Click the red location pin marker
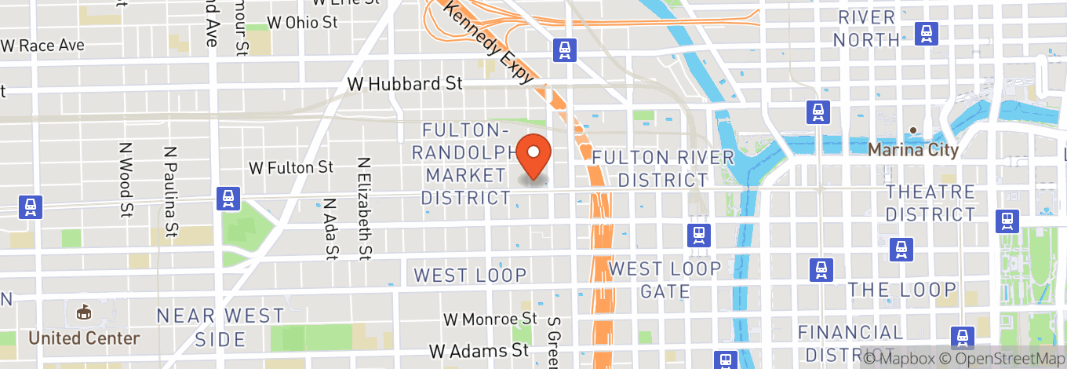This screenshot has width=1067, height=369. point(537,155)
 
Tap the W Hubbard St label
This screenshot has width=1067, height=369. point(405,83)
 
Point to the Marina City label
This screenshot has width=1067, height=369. point(913,150)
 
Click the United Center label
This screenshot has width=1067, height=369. point(84,338)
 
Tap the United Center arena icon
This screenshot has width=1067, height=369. point(83,312)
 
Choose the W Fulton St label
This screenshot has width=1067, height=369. point(291,167)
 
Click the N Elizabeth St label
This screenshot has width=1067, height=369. point(363,207)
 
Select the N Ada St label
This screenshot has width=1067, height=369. point(330,228)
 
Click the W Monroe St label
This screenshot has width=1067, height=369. point(490,319)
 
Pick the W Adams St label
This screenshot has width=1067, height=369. point(479,349)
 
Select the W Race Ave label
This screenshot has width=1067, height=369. point(42,46)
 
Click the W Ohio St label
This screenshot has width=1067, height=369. point(302,22)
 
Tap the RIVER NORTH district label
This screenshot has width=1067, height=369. point(866,28)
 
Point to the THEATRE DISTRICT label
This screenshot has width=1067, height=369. point(930,203)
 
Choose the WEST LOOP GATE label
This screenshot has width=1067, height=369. point(665,280)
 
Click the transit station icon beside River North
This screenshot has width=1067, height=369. point(927,33)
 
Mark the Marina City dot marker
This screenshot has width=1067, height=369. point(913,130)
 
